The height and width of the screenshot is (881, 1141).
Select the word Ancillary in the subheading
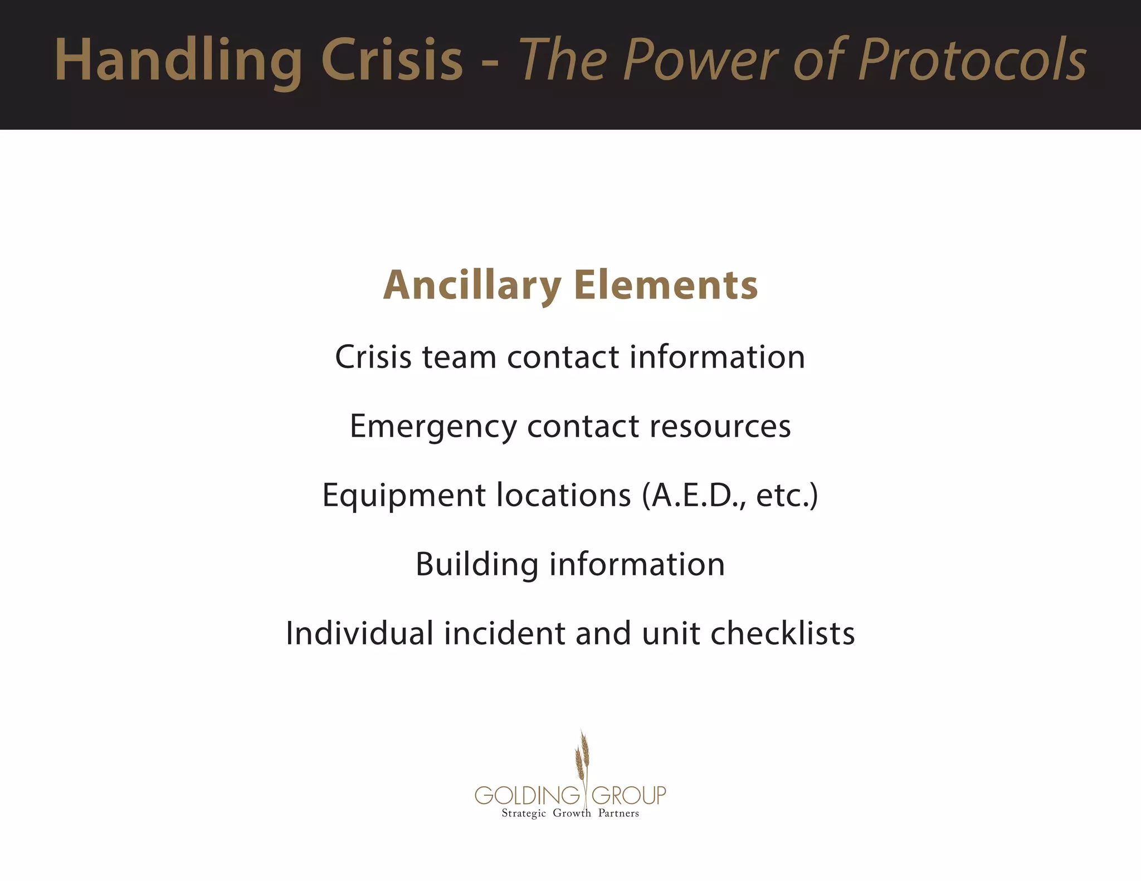tap(472, 285)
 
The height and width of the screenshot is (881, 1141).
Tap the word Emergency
tap(433, 427)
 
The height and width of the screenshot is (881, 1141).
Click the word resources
tap(720, 427)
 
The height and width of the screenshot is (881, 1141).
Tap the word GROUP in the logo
tap(628, 795)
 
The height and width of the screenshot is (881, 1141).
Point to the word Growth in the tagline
tap(572, 814)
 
